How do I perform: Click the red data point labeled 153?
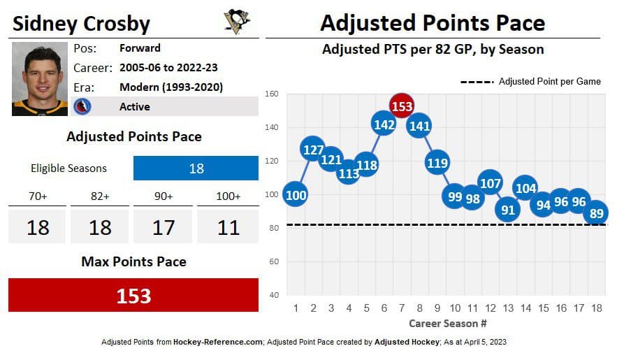pos(402,106)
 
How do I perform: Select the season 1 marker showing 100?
pos(296,195)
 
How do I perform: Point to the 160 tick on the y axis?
pos(273,94)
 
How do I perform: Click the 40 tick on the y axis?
pos(274,295)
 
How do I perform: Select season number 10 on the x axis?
pos(455,308)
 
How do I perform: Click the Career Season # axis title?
pos(447,324)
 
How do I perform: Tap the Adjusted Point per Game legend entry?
pos(531,82)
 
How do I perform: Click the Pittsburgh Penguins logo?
pos(236,21)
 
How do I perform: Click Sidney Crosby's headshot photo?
pos(40,79)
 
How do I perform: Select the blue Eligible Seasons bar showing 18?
pos(196,168)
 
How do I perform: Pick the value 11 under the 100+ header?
pos(228,227)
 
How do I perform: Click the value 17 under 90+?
pos(164,227)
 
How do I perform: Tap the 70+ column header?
pos(38,196)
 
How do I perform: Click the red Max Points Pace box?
pos(133,295)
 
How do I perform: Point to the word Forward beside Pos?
pos(140,48)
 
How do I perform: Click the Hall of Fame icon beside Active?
pos(83,106)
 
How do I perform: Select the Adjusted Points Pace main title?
pos(432,23)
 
